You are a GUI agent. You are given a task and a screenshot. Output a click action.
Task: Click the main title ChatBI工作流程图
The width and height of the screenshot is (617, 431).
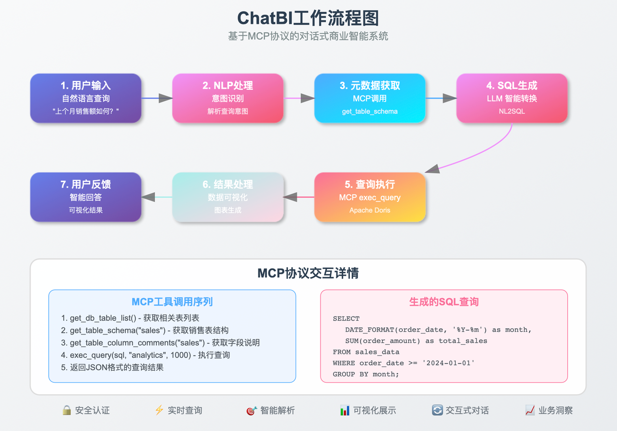coord(308,18)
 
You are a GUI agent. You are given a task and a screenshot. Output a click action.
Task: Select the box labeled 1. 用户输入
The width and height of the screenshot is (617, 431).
coord(86,98)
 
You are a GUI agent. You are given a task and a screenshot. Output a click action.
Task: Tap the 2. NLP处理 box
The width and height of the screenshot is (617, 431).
coord(228,98)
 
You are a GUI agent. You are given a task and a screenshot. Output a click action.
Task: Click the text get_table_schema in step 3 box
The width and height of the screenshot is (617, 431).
coord(370,111)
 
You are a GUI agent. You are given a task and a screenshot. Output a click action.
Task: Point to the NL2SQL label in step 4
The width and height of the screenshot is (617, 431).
coord(511,111)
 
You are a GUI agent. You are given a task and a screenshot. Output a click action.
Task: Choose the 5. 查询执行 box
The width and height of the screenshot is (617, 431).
coord(370,197)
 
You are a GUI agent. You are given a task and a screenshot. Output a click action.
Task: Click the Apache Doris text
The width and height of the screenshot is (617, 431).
coord(370,210)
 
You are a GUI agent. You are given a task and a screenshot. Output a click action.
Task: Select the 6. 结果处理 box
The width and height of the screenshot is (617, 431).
coord(228,197)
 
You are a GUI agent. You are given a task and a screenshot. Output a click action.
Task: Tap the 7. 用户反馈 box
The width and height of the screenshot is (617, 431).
coord(86,197)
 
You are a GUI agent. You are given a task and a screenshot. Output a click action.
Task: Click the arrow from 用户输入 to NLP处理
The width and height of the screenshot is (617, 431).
coord(157,98)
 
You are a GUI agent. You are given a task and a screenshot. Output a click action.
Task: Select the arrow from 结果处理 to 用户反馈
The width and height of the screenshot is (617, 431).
coord(157,197)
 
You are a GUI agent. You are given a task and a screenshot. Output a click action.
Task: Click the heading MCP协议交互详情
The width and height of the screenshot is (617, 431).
coord(308,273)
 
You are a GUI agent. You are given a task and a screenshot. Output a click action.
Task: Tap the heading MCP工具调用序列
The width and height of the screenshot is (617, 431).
coord(172,302)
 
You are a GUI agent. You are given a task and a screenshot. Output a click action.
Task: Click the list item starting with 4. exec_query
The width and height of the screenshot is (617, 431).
coord(146,355)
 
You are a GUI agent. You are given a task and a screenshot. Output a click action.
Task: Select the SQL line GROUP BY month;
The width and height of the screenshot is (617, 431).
coord(366,374)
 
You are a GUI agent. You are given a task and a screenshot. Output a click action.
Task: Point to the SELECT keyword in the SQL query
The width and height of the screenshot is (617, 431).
coord(346,319)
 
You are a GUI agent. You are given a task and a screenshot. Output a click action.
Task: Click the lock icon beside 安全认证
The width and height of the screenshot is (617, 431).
coord(67,410)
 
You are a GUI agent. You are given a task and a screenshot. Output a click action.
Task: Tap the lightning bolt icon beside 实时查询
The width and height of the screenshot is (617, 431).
coord(159,410)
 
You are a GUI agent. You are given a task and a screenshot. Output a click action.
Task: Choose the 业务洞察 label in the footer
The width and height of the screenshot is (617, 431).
coord(556,411)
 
